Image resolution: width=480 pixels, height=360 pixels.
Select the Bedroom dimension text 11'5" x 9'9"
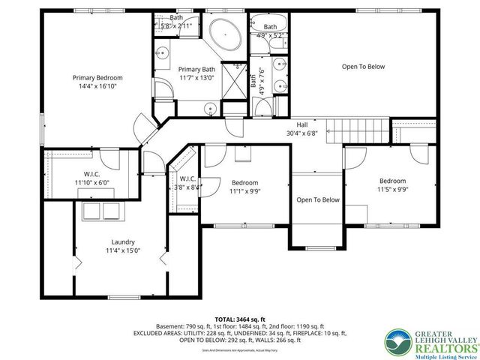pos(392,190)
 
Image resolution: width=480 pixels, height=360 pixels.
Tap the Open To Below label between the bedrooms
pos(318,199)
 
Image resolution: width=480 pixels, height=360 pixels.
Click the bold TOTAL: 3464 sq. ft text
pos(240,319)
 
